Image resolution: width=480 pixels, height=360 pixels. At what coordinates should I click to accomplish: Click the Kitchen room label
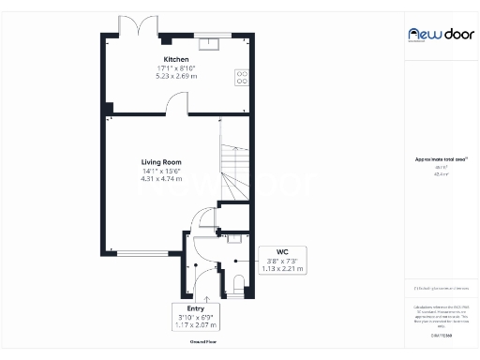point(176,59)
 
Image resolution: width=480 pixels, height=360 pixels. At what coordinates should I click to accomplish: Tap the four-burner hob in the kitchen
point(242,77)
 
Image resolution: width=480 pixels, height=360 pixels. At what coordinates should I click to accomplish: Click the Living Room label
point(161,162)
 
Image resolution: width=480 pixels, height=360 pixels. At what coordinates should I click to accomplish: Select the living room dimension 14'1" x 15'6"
point(161,171)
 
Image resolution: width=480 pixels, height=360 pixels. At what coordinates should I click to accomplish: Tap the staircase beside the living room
point(233,159)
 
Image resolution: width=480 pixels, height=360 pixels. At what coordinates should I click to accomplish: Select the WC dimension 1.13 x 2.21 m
point(282,269)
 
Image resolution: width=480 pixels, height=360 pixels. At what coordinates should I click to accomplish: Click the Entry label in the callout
point(195,307)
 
